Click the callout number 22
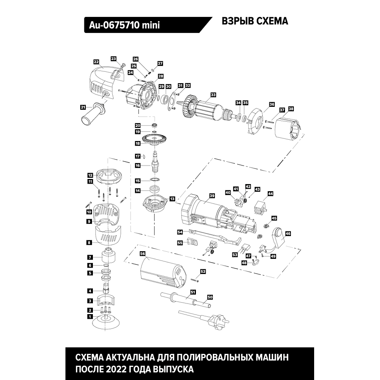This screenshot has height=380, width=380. [96, 61]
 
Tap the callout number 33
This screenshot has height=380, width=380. [213, 95]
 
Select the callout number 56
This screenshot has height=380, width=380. [143, 254]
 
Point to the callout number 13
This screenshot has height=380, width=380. [172, 198]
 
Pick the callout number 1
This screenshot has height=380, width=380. [90, 316]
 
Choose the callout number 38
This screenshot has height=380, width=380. [291, 109]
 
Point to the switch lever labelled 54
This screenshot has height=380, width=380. [211, 239]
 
